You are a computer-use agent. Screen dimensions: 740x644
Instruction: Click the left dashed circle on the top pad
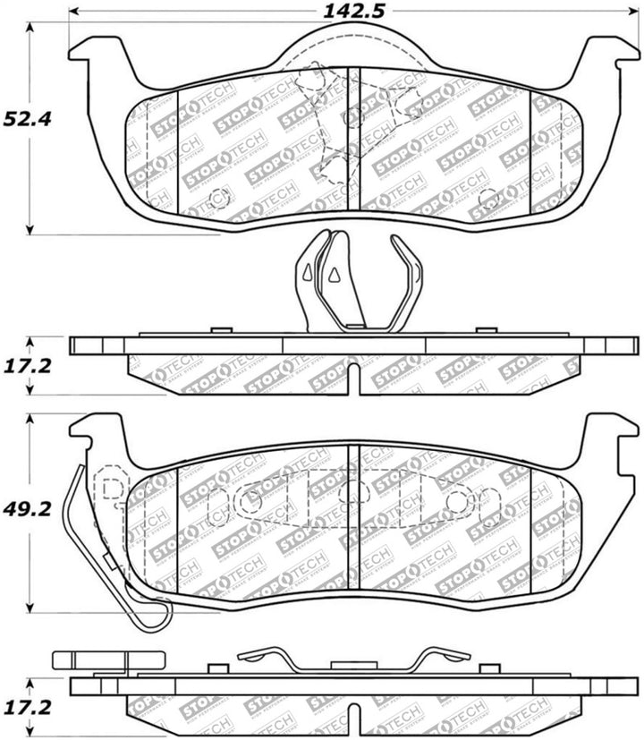point(215,200)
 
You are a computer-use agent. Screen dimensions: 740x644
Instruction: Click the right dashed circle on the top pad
point(487,198)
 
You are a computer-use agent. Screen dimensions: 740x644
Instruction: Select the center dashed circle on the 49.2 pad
point(352,491)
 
